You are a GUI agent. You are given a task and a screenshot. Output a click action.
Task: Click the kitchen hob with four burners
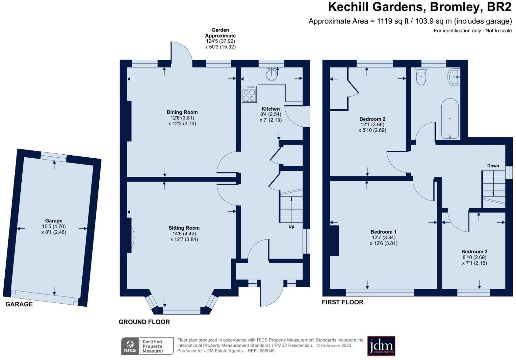pos(249,94)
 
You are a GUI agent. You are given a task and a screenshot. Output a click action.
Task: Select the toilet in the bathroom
pos(421,77)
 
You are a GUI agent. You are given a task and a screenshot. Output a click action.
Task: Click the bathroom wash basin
pos(454,77)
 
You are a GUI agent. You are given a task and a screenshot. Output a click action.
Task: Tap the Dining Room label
pos(182,112)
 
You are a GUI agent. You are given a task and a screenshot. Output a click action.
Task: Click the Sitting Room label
pos(184,228)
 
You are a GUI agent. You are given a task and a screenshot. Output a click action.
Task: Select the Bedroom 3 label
pos(474,252)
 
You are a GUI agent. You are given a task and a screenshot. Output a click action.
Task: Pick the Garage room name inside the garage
pos(54,221)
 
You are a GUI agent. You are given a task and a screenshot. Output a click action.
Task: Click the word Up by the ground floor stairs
pos(291,226)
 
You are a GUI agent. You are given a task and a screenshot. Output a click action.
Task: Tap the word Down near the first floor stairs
pos(493,166)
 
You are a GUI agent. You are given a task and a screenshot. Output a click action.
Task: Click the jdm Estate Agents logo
pos(381,346)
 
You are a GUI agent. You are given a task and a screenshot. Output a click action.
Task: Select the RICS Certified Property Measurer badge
pos(147,346)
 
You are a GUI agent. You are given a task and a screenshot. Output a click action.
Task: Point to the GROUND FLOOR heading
pos(144,322)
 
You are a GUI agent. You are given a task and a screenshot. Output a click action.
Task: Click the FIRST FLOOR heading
pos(343,302)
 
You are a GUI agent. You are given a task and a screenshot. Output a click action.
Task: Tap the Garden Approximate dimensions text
pos(220,39)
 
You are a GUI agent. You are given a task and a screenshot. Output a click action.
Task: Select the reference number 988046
pos(267,351)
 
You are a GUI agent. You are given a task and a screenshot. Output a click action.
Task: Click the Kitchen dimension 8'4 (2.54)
pos(271,115)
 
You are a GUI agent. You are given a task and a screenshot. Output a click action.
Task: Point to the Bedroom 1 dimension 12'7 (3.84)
pos(383,238)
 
